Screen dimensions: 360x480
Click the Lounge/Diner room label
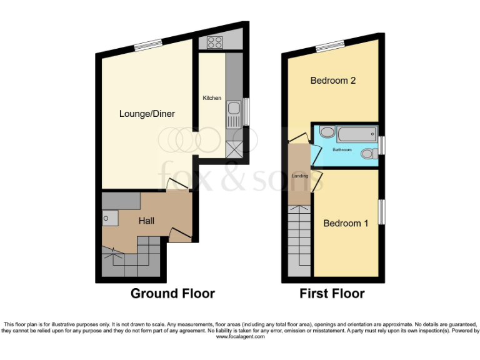point(147,114)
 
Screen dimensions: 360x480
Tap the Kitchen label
point(212,98)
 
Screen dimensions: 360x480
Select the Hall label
point(146,221)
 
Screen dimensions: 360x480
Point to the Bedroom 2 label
point(333,81)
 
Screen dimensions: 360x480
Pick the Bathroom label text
point(342,150)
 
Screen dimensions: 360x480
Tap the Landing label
point(300,176)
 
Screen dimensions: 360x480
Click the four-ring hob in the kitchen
point(214,42)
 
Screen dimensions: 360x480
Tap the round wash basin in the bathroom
point(327,132)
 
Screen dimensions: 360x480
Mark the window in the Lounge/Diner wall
point(148,44)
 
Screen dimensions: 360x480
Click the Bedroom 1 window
point(381,211)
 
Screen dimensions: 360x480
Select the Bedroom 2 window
point(330,44)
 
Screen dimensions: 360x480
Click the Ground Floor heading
point(172,293)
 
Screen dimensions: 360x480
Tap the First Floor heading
point(332,293)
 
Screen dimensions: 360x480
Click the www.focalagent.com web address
point(240,336)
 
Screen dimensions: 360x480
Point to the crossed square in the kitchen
point(235,149)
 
